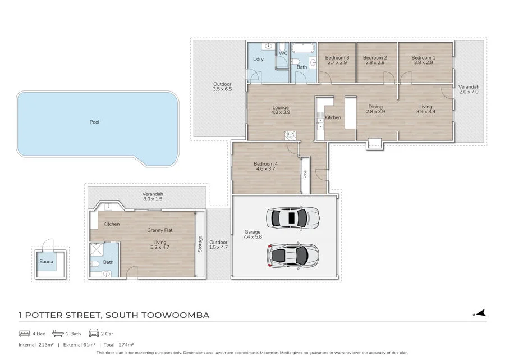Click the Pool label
tap(94, 122)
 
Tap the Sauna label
tap(47, 261)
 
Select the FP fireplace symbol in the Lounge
tap(290, 134)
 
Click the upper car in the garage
tap(293, 218)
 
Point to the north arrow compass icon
tap(480, 313)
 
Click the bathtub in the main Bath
tap(303, 48)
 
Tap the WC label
tap(283, 53)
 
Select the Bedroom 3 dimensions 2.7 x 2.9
tap(337, 62)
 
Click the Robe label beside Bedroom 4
tap(305, 175)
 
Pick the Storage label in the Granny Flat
tap(200, 244)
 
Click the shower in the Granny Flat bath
tap(96, 249)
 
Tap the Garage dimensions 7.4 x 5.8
tap(252, 237)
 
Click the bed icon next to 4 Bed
tap(25, 333)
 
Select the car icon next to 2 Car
tap(94, 332)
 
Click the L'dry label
tap(258, 59)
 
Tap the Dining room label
tap(375, 106)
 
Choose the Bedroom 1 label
tap(423, 58)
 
